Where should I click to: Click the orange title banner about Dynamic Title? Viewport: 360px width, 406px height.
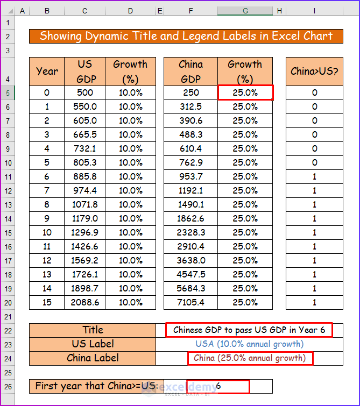pyautogui.click(x=186, y=37)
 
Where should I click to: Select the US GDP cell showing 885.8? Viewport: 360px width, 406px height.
pyautogui.click(x=85, y=176)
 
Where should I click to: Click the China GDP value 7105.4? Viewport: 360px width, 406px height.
pyautogui.click(x=190, y=302)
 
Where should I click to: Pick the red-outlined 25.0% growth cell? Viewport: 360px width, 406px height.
pyautogui.click(x=245, y=92)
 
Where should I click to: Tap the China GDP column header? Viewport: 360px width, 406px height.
pyautogui.click(x=190, y=72)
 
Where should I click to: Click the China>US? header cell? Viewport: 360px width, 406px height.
pyautogui.click(x=314, y=72)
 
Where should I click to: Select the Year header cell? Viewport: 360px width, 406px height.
pyautogui.click(x=47, y=72)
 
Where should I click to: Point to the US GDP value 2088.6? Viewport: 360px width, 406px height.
pyautogui.click(x=85, y=302)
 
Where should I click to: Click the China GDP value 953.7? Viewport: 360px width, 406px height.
pyautogui.click(x=190, y=176)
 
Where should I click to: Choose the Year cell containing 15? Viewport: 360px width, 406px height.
pyautogui.click(x=47, y=302)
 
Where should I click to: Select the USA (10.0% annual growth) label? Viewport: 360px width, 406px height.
pyautogui.click(x=249, y=344)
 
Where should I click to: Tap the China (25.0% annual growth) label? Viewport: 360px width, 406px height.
pyautogui.click(x=250, y=358)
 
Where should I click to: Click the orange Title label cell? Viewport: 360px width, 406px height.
pyautogui.click(x=93, y=330)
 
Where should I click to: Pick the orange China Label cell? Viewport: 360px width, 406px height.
pyautogui.click(x=93, y=358)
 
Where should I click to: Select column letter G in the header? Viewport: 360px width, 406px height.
pyautogui.click(x=245, y=10)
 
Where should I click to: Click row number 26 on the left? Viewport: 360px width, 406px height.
pyautogui.click(x=8, y=386)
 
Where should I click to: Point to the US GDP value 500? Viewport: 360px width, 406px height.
pyautogui.click(x=85, y=92)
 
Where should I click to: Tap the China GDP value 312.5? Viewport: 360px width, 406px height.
pyautogui.click(x=190, y=106)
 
